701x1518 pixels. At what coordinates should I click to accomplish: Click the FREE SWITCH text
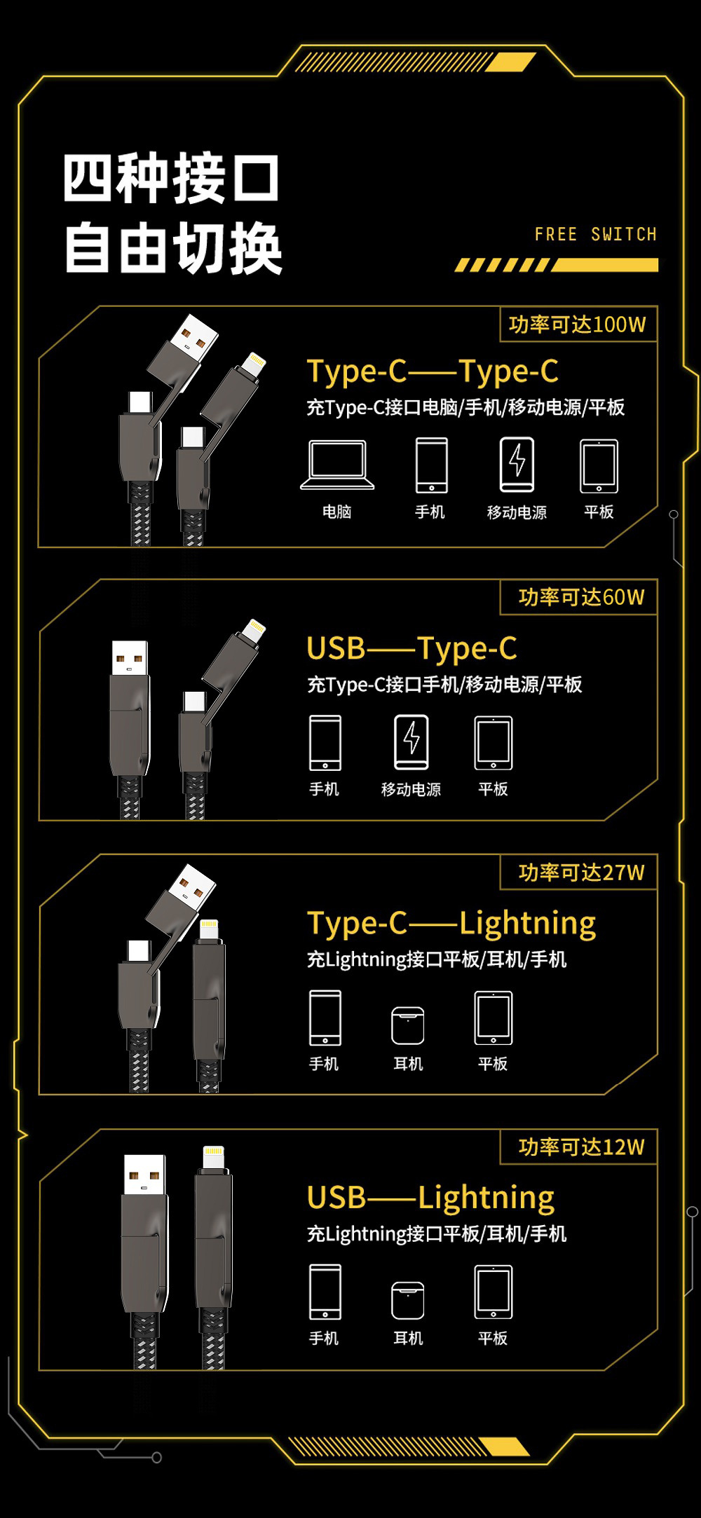(x=596, y=234)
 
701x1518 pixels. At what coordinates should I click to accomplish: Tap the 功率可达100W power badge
(x=578, y=324)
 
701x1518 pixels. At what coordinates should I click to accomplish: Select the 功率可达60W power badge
(x=581, y=597)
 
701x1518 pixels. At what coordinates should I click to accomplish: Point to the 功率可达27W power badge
(x=581, y=873)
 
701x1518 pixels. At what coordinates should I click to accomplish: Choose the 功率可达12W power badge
(x=581, y=1147)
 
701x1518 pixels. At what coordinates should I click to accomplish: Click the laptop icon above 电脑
(x=337, y=465)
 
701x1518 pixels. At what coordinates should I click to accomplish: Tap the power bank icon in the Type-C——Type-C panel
(x=517, y=464)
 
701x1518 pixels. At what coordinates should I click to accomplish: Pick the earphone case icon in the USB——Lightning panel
(x=408, y=1300)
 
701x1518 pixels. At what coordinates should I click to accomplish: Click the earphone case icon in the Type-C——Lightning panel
(x=408, y=1025)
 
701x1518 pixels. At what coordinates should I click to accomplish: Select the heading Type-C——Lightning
(x=451, y=923)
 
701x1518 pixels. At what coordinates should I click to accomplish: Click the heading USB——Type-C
(x=411, y=648)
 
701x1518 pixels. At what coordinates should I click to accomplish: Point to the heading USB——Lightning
(x=430, y=1198)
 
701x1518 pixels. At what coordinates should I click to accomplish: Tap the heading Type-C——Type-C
(x=433, y=371)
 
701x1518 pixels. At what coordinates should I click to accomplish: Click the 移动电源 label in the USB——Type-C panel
(x=411, y=789)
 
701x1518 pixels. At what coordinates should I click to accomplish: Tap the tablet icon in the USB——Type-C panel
(x=494, y=743)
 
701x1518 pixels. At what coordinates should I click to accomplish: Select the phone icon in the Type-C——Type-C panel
(x=431, y=465)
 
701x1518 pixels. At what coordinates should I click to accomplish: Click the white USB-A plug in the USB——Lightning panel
(x=145, y=1175)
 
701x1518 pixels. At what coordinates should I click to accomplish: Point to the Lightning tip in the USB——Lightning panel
(x=213, y=1157)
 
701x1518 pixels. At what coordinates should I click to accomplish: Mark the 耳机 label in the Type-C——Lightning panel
(x=408, y=1064)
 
